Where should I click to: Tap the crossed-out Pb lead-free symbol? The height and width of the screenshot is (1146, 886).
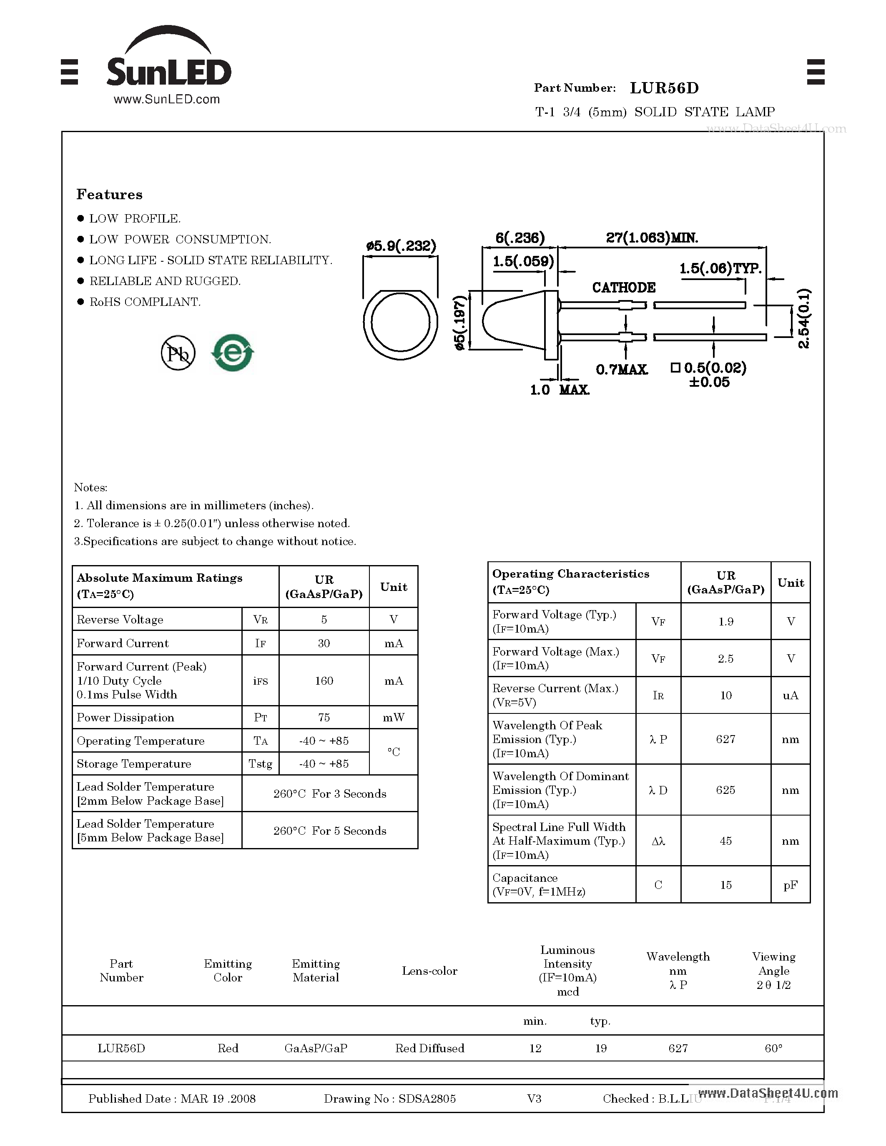(x=178, y=353)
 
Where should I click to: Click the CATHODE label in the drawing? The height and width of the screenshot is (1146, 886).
(x=624, y=288)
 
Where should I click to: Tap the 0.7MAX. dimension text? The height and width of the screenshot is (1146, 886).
(x=622, y=370)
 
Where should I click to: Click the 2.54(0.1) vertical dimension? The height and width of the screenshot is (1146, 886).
(x=803, y=318)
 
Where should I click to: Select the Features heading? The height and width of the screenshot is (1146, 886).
(x=109, y=195)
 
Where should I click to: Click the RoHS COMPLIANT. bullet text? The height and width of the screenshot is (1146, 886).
(x=145, y=302)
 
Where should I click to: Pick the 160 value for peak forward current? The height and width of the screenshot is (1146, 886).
(x=324, y=681)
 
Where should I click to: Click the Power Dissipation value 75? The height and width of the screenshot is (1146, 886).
(x=324, y=717)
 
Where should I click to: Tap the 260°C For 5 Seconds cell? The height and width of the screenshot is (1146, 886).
(x=330, y=831)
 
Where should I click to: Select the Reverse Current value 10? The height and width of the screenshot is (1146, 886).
(x=725, y=695)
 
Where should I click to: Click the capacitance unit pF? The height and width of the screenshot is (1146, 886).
(x=791, y=885)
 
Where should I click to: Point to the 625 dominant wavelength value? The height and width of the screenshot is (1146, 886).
(x=725, y=790)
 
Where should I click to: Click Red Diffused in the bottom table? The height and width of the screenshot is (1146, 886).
(x=429, y=1048)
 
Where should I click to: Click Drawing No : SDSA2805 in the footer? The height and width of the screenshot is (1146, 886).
(x=389, y=1098)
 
